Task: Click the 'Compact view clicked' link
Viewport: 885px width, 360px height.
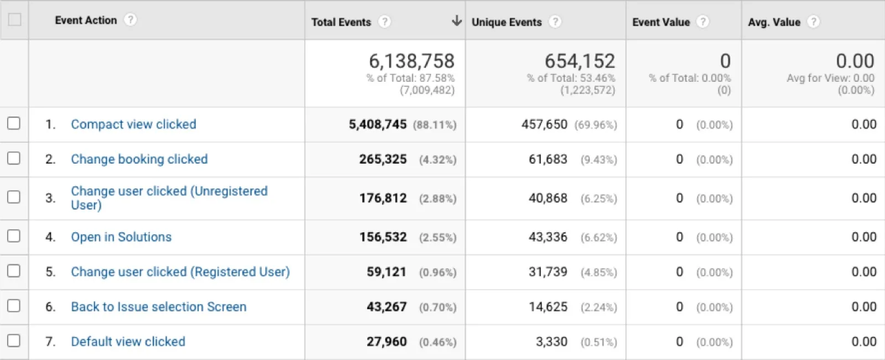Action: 133,124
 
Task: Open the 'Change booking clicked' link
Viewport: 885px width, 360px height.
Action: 139,159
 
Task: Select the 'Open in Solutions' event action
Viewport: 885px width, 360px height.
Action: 121,237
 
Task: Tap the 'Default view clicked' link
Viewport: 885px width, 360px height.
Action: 128,341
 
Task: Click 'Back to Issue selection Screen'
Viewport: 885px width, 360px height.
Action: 159,307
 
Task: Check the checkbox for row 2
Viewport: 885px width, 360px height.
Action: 14,158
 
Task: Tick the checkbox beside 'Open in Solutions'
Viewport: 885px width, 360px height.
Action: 14,236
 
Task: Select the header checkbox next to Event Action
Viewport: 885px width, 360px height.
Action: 14,19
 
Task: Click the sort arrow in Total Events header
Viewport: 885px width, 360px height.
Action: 456,20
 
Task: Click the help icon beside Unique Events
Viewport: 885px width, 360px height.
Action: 555,22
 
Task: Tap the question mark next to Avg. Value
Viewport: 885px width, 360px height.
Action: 813,22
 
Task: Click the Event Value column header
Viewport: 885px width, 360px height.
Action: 661,22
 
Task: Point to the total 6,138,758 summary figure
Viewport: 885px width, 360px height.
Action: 412,61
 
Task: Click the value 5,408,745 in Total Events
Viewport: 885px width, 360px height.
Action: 377,124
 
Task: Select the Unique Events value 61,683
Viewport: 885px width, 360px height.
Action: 548,159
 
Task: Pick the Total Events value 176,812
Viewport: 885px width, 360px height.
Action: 383,198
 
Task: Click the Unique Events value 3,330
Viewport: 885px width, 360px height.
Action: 551,342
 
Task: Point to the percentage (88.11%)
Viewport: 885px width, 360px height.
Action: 435,125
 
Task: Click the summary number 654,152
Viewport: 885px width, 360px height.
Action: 580,61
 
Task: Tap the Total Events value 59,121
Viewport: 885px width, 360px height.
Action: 387,272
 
